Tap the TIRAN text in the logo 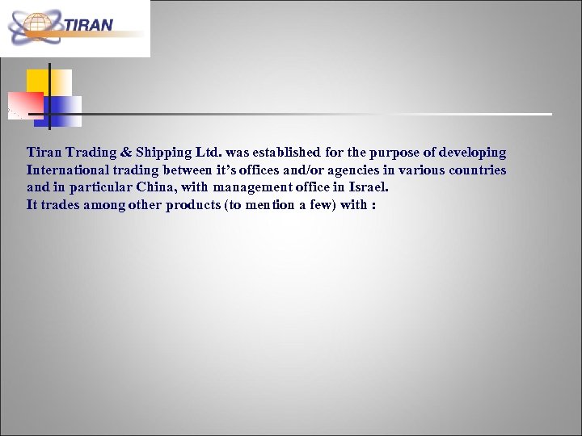[x=89, y=25]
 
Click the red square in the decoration [x=26, y=104]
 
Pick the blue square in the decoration [x=65, y=110]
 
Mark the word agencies [x=350, y=170]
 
